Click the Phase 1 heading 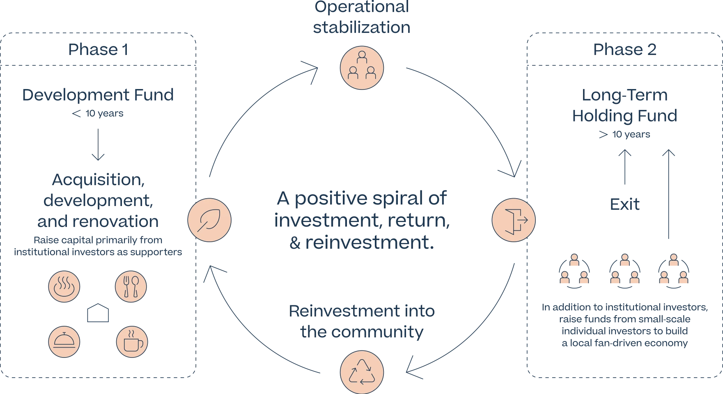(x=99, y=50)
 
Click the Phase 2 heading (x=624, y=50)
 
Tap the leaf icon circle (x=209, y=220)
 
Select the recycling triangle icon (x=361, y=371)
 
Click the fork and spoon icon (x=131, y=286)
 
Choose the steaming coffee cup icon (x=131, y=341)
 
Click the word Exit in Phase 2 (x=625, y=204)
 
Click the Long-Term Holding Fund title (x=624, y=106)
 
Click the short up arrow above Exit (x=625, y=168)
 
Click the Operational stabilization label (x=361, y=18)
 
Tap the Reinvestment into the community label (x=361, y=321)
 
